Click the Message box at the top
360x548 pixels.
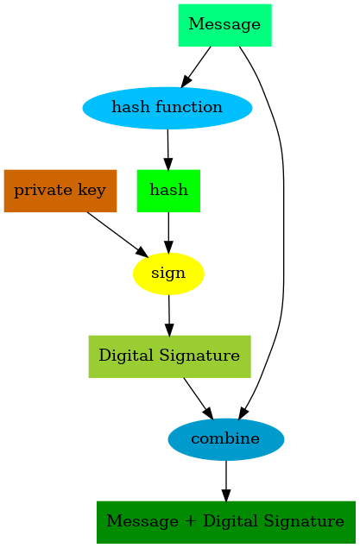[x=224, y=24]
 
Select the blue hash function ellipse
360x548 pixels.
[x=167, y=108]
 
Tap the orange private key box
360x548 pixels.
[x=60, y=190]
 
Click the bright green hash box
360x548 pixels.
[x=168, y=190]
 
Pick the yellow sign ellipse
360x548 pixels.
[x=168, y=274]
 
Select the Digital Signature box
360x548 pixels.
[x=169, y=356]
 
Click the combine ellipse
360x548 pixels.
[x=225, y=439]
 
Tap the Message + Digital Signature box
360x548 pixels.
[x=225, y=522]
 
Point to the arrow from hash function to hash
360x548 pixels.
[x=167, y=148]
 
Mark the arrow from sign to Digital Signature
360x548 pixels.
[x=169, y=314]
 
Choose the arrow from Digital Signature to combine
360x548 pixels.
[x=198, y=398]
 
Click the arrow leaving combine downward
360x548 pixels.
[x=225, y=480]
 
